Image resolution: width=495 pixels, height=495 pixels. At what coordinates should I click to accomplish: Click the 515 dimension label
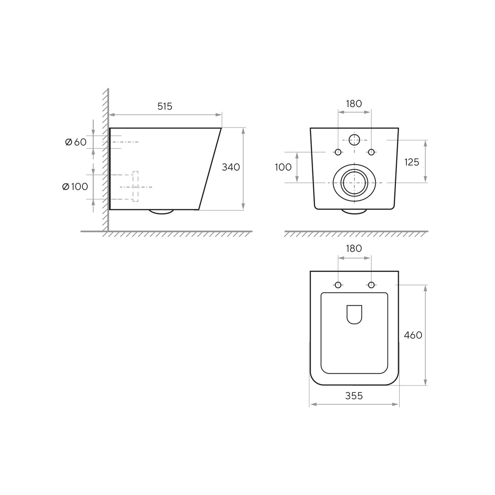[165, 106]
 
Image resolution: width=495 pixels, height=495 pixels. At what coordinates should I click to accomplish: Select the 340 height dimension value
[231, 167]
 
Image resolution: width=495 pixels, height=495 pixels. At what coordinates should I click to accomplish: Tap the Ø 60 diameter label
[76, 142]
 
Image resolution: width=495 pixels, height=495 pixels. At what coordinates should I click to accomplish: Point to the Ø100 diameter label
[75, 186]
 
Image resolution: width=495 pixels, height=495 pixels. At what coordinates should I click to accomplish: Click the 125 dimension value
[412, 162]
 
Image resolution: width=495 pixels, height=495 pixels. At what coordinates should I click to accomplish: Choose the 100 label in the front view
[283, 167]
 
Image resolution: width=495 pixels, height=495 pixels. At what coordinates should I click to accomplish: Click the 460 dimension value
[413, 335]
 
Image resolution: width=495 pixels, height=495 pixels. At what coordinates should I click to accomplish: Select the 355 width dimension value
[354, 396]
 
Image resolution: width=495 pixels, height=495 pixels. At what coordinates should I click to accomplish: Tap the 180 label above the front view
[354, 104]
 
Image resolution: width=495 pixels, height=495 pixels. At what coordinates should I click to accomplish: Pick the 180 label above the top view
[354, 248]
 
